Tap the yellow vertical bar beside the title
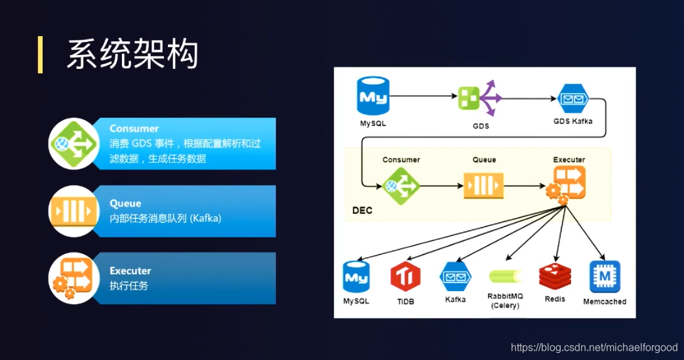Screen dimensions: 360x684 [40, 54]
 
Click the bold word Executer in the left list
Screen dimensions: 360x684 [130, 271]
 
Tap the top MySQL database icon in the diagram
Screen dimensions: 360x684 [372, 96]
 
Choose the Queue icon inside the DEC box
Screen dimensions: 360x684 [484, 185]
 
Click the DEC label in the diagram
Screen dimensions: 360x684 [363, 211]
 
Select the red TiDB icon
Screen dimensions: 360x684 [405, 277]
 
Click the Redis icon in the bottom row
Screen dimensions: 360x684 [554, 277]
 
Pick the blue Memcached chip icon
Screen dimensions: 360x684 [604, 277]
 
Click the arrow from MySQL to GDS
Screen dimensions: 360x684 [423, 96]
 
